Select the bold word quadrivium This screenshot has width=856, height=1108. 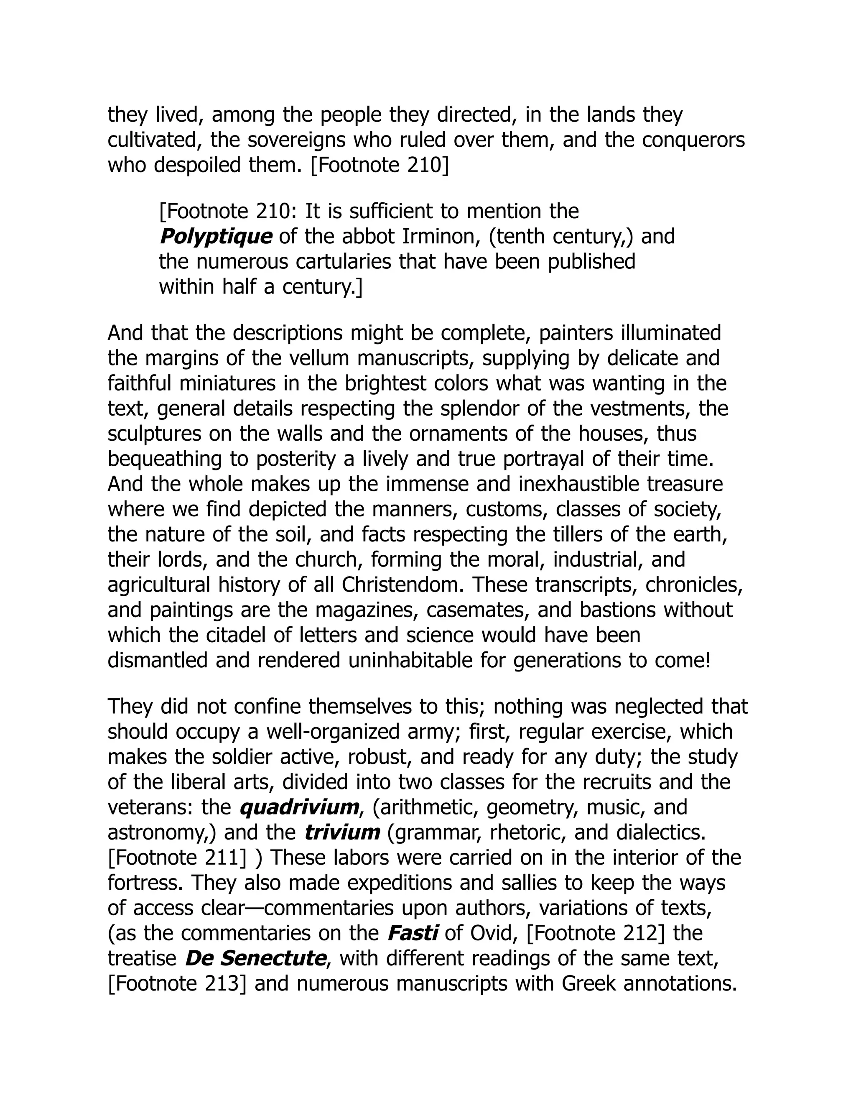point(299,807)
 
